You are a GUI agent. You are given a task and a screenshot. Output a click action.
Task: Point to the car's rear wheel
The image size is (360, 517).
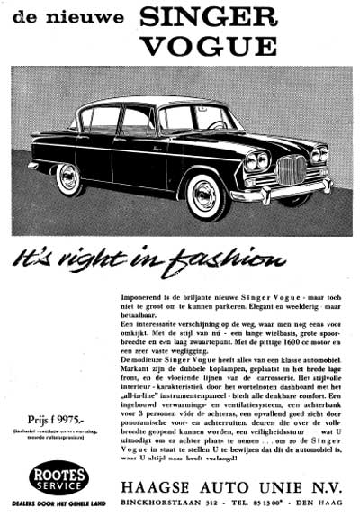click(x=69, y=178)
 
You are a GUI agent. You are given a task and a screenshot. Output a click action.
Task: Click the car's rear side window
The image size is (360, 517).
click(x=101, y=118)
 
